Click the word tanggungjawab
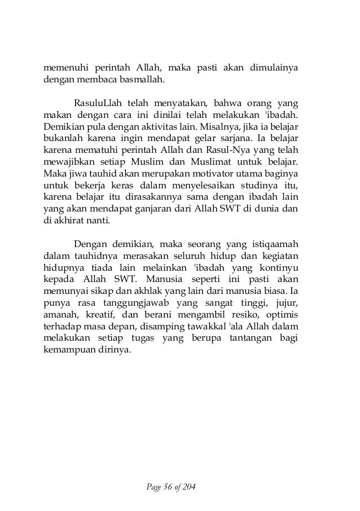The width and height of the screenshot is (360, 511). [x=147, y=306]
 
